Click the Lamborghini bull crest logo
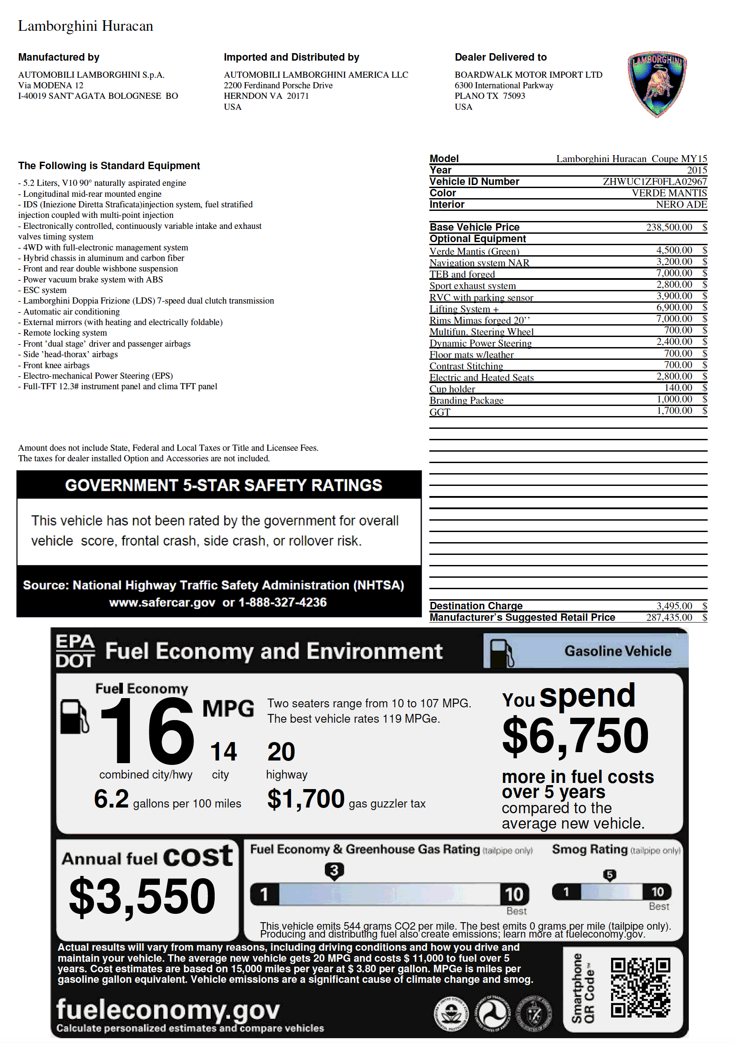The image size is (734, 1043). pyautogui.click(x=656, y=84)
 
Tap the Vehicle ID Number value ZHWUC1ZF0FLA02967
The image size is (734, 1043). pyautogui.click(x=654, y=182)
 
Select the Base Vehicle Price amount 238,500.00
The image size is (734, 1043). pyautogui.click(x=669, y=227)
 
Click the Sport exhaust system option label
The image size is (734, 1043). pyautogui.click(x=472, y=286)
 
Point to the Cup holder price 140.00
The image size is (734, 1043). pyautogui.click(x=678, y=388)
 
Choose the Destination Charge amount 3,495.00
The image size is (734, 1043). pyautogui.click(x=674, y=605)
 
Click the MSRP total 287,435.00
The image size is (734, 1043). pyautogui.click(x=669, y=617)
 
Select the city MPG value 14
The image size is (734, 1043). pyautogui.click(x=223, y=752)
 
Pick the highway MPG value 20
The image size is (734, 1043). pyautogui.click(x=281, y=752)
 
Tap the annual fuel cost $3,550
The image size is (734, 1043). pyautogui.click(x=142, y=896)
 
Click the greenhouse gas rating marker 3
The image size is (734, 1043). pyautogui.click(x=334, y=870)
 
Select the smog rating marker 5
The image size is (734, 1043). pyautogui.click(x=609, y=874)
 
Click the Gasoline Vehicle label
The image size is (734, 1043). pyautogui.click(x=617, y=651)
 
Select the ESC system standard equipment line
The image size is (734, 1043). pyautogui.click(x=44, y=290)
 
